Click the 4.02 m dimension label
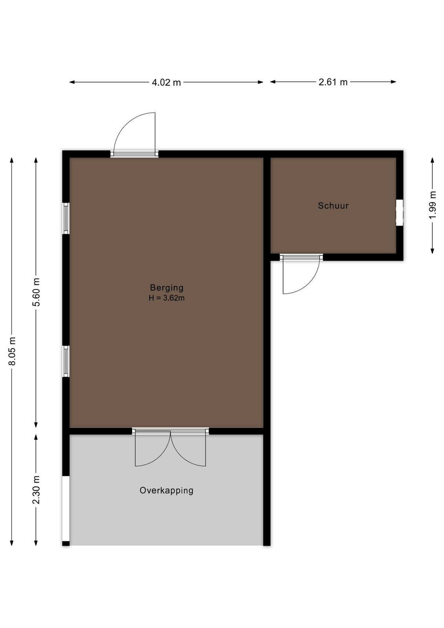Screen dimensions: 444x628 click(x=166, y=82)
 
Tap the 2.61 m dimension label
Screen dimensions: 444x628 click(x=333, y=82)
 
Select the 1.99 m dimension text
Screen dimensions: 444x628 click(x=433, y=205)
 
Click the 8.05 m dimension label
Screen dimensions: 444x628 click(x=12, y=351)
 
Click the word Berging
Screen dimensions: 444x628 click(x=167, y=288)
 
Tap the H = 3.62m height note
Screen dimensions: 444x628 click(x=167, y=298)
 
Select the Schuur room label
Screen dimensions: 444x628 click(x=333, y=206)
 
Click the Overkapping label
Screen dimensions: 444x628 click(x=166, y=490)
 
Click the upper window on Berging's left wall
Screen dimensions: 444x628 click(x=66, y=218)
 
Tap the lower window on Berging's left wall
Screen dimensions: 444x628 click(x=66, y=361)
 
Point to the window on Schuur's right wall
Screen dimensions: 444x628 click(x=399, y=212)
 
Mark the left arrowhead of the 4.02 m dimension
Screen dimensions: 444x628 click(x=72, y=82)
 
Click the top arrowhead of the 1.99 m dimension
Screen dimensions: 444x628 click(x=433, y=160)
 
